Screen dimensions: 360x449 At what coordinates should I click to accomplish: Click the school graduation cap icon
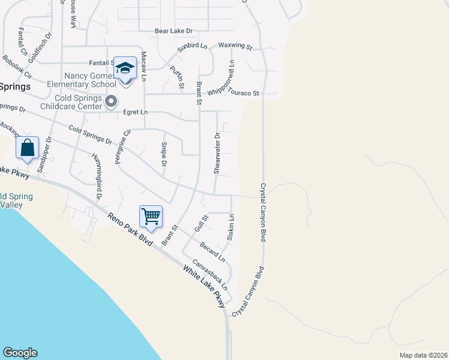pos(125,68)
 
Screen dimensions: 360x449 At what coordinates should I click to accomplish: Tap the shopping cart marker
pos(151,217)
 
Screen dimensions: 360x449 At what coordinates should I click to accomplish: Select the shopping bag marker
pos(28,148)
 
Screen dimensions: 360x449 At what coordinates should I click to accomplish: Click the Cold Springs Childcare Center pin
pos(111,103)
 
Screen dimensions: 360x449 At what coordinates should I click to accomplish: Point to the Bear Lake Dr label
pos(173,31)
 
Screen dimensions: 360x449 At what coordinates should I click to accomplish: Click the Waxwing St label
pos(235,46)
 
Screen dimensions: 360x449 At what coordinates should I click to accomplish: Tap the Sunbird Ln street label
pos(191,48)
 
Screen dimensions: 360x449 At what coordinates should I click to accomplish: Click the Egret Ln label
pos(135,112)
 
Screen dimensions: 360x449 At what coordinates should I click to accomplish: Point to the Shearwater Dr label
pos(218,154)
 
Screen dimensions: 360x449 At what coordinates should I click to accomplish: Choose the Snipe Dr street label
pos(164,155)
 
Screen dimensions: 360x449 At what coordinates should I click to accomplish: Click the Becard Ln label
pos(212,251)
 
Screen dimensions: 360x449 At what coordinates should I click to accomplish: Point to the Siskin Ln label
pos(231,228)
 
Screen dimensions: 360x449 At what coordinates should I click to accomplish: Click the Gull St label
pos(200,224)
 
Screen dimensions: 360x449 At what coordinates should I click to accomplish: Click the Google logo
pos(20,353)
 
